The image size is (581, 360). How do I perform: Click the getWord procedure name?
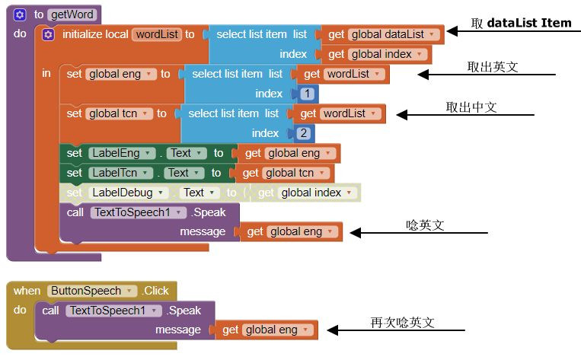pyautogui.click(x=72, y=14)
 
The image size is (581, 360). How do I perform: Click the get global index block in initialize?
pyautogui.click(x=377, y=54)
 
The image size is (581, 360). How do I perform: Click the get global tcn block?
pyautogui.click(x=288, y=173)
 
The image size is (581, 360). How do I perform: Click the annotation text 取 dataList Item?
pyautogui.click(x=521, y=23)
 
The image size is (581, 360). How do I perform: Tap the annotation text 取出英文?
pyautogui.click(x=492, y=67)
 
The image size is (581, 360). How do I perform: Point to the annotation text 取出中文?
pyautogui.click(x=471, y=108)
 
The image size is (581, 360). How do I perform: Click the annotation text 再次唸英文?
pyautogui.click(x=402, y=323)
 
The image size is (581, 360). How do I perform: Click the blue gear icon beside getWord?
pyautogui.click(x=20, y=14)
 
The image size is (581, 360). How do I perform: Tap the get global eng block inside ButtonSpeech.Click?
pyautogui.click(x=266, y=330)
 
